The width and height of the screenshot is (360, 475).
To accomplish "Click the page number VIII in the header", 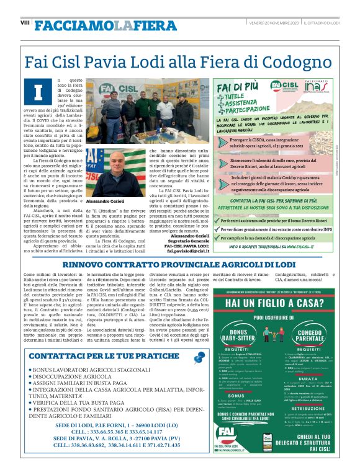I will click(25, 23).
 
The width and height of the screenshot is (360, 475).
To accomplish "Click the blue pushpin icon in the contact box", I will click(199, 357).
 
